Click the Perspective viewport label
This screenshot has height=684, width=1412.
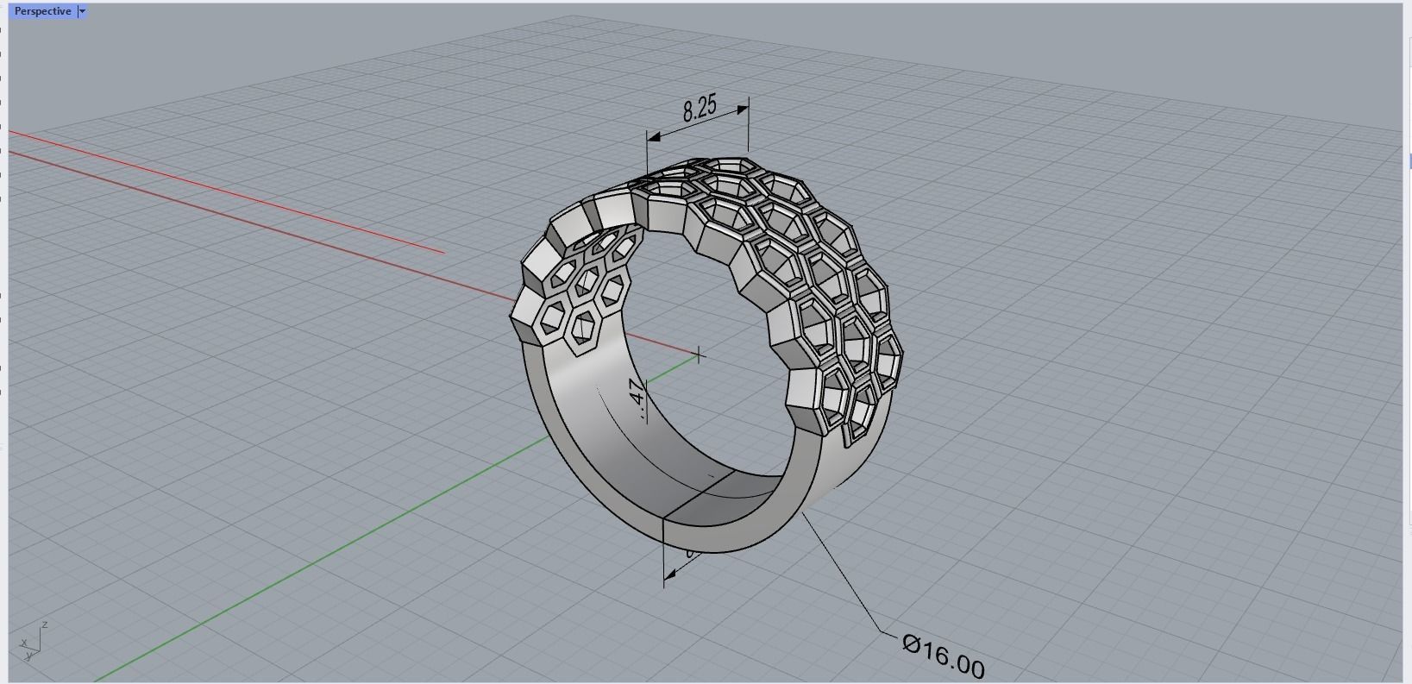tap(42, 11)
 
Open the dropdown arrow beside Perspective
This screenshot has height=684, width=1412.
tap(82, 11)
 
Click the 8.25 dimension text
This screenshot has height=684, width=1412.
tap(700, 108)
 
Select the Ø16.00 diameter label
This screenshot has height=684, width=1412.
tap(943, 656)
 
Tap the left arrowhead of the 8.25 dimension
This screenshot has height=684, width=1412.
tap(654, 136)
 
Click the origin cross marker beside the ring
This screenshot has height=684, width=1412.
tap(699, 354)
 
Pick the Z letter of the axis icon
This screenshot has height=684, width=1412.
tap(44, 624)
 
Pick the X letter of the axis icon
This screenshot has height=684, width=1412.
tap(23, 643)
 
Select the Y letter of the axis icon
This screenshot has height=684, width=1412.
tap(28, 656)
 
